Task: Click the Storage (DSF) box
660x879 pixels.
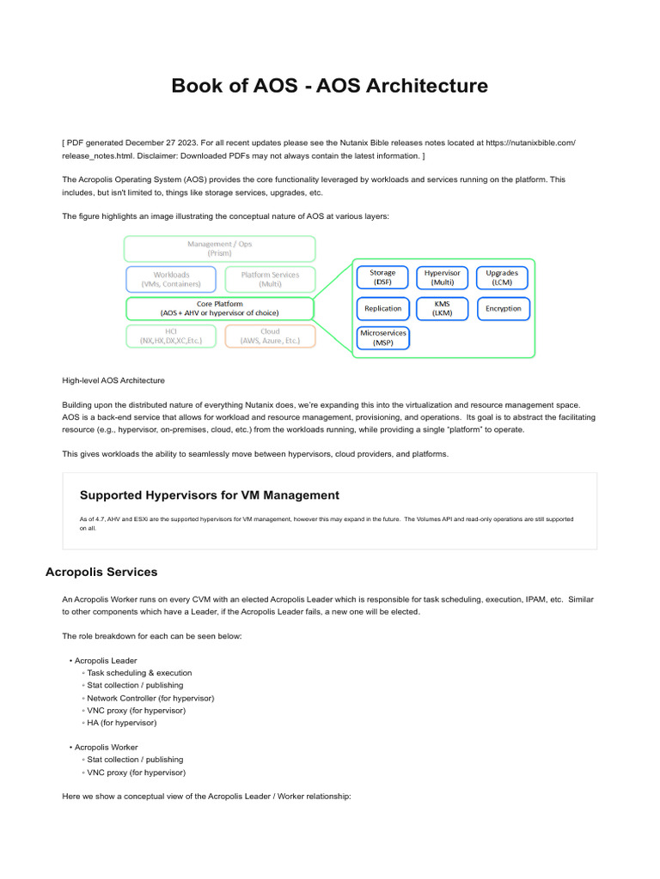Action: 382,277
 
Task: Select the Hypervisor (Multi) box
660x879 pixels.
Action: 443,277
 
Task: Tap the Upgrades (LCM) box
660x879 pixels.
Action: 502,277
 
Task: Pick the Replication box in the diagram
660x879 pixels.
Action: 382,308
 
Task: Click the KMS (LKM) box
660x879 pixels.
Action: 443,308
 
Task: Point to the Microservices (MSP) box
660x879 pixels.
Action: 382,337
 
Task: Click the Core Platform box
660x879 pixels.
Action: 219,308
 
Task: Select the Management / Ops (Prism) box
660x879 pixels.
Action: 219,248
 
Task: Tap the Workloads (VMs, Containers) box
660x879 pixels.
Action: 172,279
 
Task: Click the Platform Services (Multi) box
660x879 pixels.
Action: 270,279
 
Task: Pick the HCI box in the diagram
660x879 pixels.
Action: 171,336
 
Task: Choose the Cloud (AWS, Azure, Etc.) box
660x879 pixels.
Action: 270,336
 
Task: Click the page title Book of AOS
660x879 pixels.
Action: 329,86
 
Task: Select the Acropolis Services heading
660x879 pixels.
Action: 101,572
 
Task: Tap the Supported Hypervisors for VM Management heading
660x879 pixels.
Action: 209,495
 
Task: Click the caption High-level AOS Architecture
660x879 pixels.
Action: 113,380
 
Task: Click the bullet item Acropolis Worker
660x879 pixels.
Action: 106,748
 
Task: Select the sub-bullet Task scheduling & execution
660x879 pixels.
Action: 139,673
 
